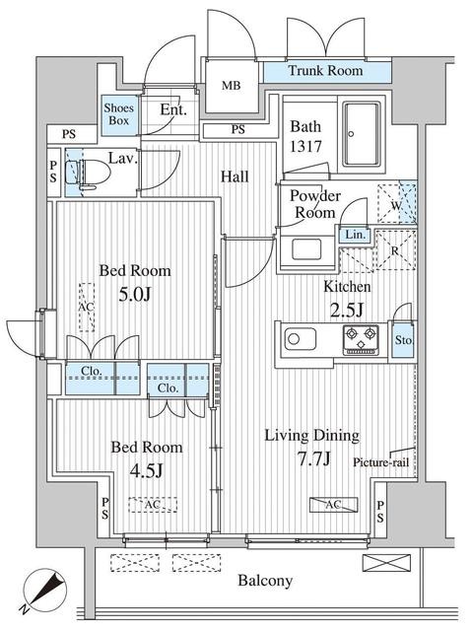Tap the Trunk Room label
(x=325, y=71)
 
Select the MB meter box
(x=232, y=86)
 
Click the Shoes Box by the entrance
(x=119, y=114)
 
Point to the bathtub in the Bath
(x=362, y=134)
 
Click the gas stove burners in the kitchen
(x=362, y=339)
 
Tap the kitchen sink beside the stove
(x=301, y=339)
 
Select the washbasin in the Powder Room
(x=306, y=249)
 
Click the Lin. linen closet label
(x=355, y=235)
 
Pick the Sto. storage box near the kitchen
(x=403, y=339)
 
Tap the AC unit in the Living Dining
(x=333, y=505)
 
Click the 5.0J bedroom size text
(x=135, y=295)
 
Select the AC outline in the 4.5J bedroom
(x=153, y=505)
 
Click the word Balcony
(x=265, y=581)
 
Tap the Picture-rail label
(x=380, y=462)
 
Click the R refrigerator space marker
(x=396, y=250)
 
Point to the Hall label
(x=235, y=176)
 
